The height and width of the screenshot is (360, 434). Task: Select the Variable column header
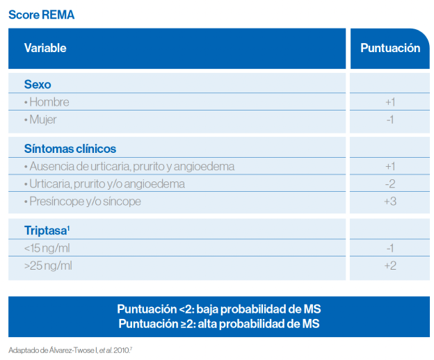[45, 48]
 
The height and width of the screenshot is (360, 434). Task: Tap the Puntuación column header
[389, 48]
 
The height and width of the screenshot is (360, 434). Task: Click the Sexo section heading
[38, 84]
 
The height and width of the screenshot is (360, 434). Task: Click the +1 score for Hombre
[389, 102]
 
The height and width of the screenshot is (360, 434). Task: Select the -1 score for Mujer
[389, 120]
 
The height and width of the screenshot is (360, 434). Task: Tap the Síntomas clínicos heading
[70, 149]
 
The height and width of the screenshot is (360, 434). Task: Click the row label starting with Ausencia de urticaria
[129, 167]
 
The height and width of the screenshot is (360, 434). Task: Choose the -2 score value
[389, 184]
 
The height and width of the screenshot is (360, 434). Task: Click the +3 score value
[389, 202]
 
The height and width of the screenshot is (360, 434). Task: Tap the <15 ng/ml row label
[47, 249]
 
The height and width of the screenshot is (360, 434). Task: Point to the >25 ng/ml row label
[47, 266]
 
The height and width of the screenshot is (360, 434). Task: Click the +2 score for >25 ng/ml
[389, 266]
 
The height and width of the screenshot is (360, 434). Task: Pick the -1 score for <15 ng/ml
[389, 249]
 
